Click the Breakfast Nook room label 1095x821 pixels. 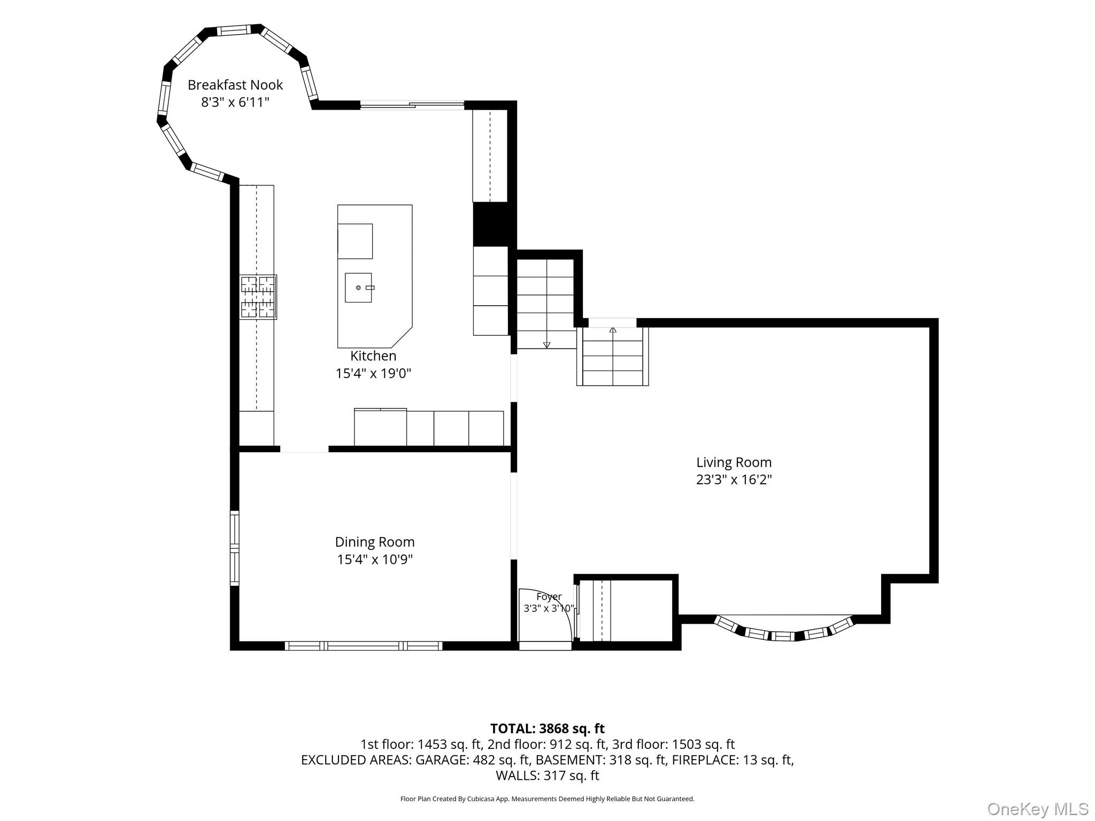pos(235,85)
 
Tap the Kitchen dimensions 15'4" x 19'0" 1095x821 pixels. pos(373,373)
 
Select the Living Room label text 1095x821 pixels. pos(734,462)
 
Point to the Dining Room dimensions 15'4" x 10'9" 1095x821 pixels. pos(374,560)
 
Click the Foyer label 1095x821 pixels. pos(549,597)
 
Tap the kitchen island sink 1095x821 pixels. pos(359,288)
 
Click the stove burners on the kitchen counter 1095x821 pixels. pos(258,297)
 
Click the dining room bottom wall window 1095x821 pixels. pos(364,646)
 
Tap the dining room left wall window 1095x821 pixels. pos(234,548)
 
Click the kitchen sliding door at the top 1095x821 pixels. pos(412,105)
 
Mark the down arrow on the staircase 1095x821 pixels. pos(546,345)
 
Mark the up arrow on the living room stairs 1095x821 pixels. pos(613,330)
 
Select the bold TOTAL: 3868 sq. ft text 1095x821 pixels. pos(547,729)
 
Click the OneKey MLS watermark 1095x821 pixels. pos(1037,809)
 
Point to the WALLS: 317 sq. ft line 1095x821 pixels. pos(547,776)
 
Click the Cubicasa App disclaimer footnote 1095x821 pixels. pos(547,799)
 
